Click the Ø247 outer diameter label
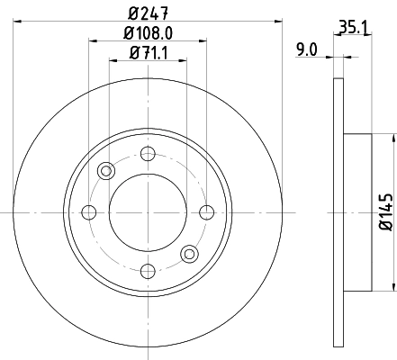coord(149,13)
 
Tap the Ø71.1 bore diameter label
coord(149,53)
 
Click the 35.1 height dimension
coord(349,28)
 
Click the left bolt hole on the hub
coord(89,212)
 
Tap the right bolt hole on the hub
coord(206,212)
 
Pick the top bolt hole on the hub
coord(148,155)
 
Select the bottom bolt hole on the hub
coord(148,270)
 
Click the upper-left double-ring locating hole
coord(106,171)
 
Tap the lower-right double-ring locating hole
coord(189,254)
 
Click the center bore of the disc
coord(148,212)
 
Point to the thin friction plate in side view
coord(338,212)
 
